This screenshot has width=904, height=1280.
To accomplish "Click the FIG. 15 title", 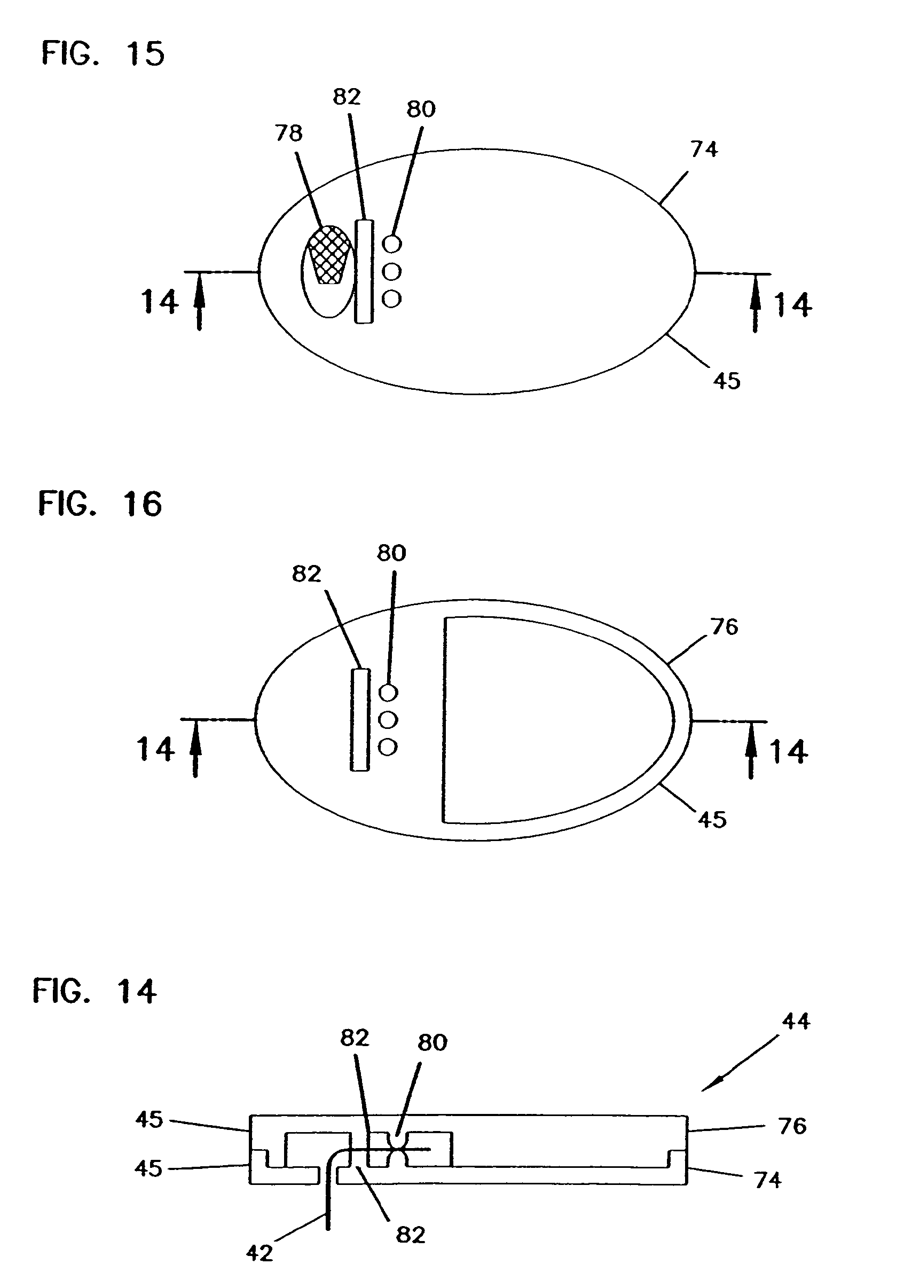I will [x=103, y=54].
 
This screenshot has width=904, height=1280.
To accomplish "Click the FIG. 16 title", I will [x=100, y=504].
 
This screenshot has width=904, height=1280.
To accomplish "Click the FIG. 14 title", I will [x=95, y=991].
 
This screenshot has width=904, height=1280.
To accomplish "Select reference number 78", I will [x=289, y=134].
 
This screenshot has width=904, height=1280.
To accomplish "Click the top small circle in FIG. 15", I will [x=392, y=244].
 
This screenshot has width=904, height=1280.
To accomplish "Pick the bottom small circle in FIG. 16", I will [x=388, y=747].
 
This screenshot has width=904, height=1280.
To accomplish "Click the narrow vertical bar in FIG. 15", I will [x=364, y=271].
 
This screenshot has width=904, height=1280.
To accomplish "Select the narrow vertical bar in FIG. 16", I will [x=360, y=720].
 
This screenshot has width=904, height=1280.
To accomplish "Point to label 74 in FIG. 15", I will [x=704, y=150].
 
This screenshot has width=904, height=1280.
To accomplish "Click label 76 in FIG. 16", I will [x=725, y=627].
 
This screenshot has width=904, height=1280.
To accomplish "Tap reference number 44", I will [x=795, y=1022].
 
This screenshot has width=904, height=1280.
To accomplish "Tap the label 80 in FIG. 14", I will [x=432, y=1042].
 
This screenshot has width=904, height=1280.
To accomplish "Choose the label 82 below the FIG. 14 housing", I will [x=411, y=1235].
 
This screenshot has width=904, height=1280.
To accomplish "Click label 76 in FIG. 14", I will [x=792, y=1126].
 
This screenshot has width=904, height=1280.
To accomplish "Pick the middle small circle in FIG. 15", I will [x=392, y=272].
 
